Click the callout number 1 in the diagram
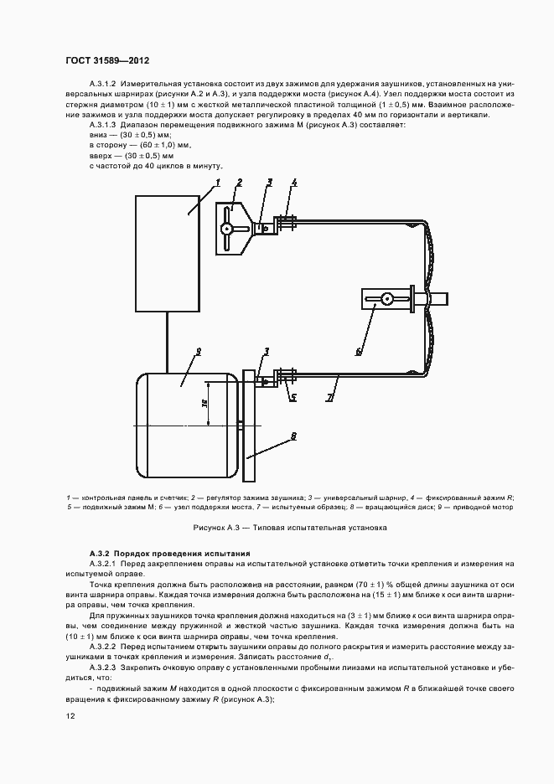click(x=217, y=183)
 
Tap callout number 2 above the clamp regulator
click(x=239, y=183)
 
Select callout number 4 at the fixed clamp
click(x=294, y=183)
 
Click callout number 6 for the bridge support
click(x=358, y=351)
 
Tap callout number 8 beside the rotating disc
click(x=293, y=436)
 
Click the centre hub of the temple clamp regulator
click(x=228, y=229)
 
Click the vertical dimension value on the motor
click(x=205, y=404)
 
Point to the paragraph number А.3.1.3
click(x=105, y=125)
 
